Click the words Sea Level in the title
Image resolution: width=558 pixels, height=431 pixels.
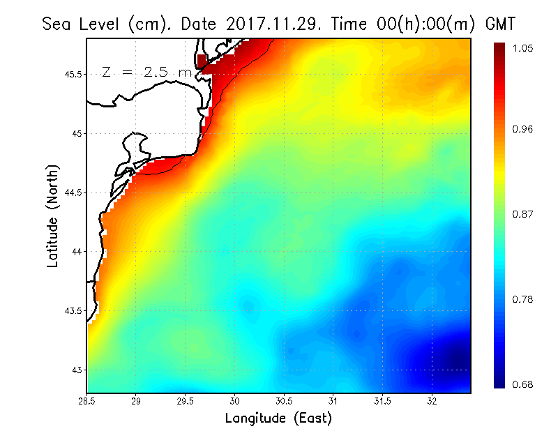[x=84, y=24]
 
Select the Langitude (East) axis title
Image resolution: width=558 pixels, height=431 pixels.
[x=278, y=418]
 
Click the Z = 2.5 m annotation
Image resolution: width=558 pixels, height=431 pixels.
[x=146, y=72]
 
